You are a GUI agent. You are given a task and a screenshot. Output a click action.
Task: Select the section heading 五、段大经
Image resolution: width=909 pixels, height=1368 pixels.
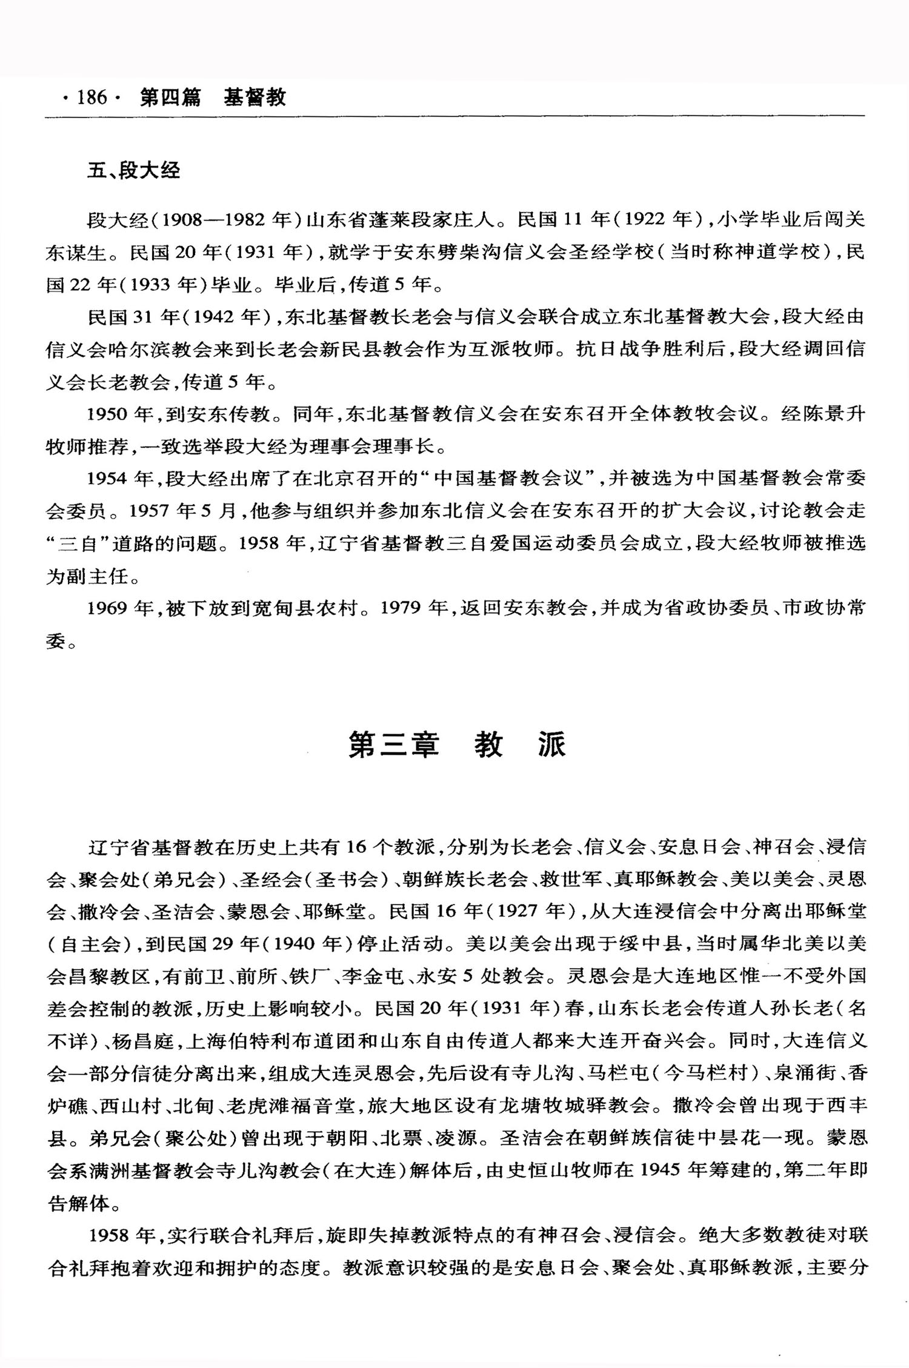point(133,171)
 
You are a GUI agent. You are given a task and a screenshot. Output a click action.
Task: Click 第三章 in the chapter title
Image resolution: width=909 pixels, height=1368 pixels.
point(393,745)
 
